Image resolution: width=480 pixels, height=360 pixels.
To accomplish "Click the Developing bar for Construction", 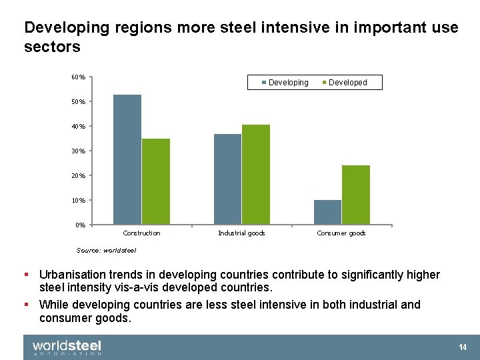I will click(x=127, y=159).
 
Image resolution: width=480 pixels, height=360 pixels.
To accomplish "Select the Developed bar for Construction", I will click(x=156, y=181).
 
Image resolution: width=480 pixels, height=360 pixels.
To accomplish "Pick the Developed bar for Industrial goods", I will click(x=256, y=174).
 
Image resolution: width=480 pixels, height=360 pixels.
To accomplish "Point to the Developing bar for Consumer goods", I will click(x=327, y=212).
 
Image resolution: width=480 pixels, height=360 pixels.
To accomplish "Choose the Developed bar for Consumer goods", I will click(x=356, y=194).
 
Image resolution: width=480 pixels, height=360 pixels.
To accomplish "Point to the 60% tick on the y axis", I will click(x=78, y=77).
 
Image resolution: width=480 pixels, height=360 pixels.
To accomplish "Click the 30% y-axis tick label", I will click(x=78, y=151).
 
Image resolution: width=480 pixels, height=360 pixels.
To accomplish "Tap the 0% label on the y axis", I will click(x=80, y=225).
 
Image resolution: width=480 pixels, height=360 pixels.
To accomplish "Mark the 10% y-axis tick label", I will click(x=78, y=200).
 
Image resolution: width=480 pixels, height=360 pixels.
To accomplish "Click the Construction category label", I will click(x=141, y=233).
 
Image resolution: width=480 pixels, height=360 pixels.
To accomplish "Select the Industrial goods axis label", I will click(x=241, y=233).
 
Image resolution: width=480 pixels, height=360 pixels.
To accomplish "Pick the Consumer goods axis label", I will click(x=341, y=233).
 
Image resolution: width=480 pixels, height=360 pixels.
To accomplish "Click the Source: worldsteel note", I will click(x=106, y=251).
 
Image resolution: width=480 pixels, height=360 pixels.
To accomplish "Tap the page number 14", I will click(x=463, y=347).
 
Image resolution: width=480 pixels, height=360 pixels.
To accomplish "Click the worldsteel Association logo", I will click(x=67, y=347).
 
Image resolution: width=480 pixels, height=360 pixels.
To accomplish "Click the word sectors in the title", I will click(x=52, y=47).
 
